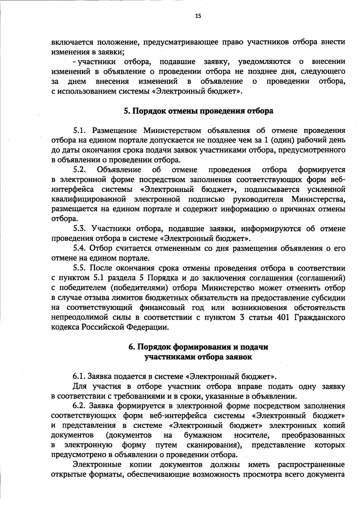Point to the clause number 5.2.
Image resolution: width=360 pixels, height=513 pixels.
tap(80, 170)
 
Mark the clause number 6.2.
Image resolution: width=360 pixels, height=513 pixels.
tap(80, 406)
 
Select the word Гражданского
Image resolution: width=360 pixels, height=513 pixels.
tap(320, 317)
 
